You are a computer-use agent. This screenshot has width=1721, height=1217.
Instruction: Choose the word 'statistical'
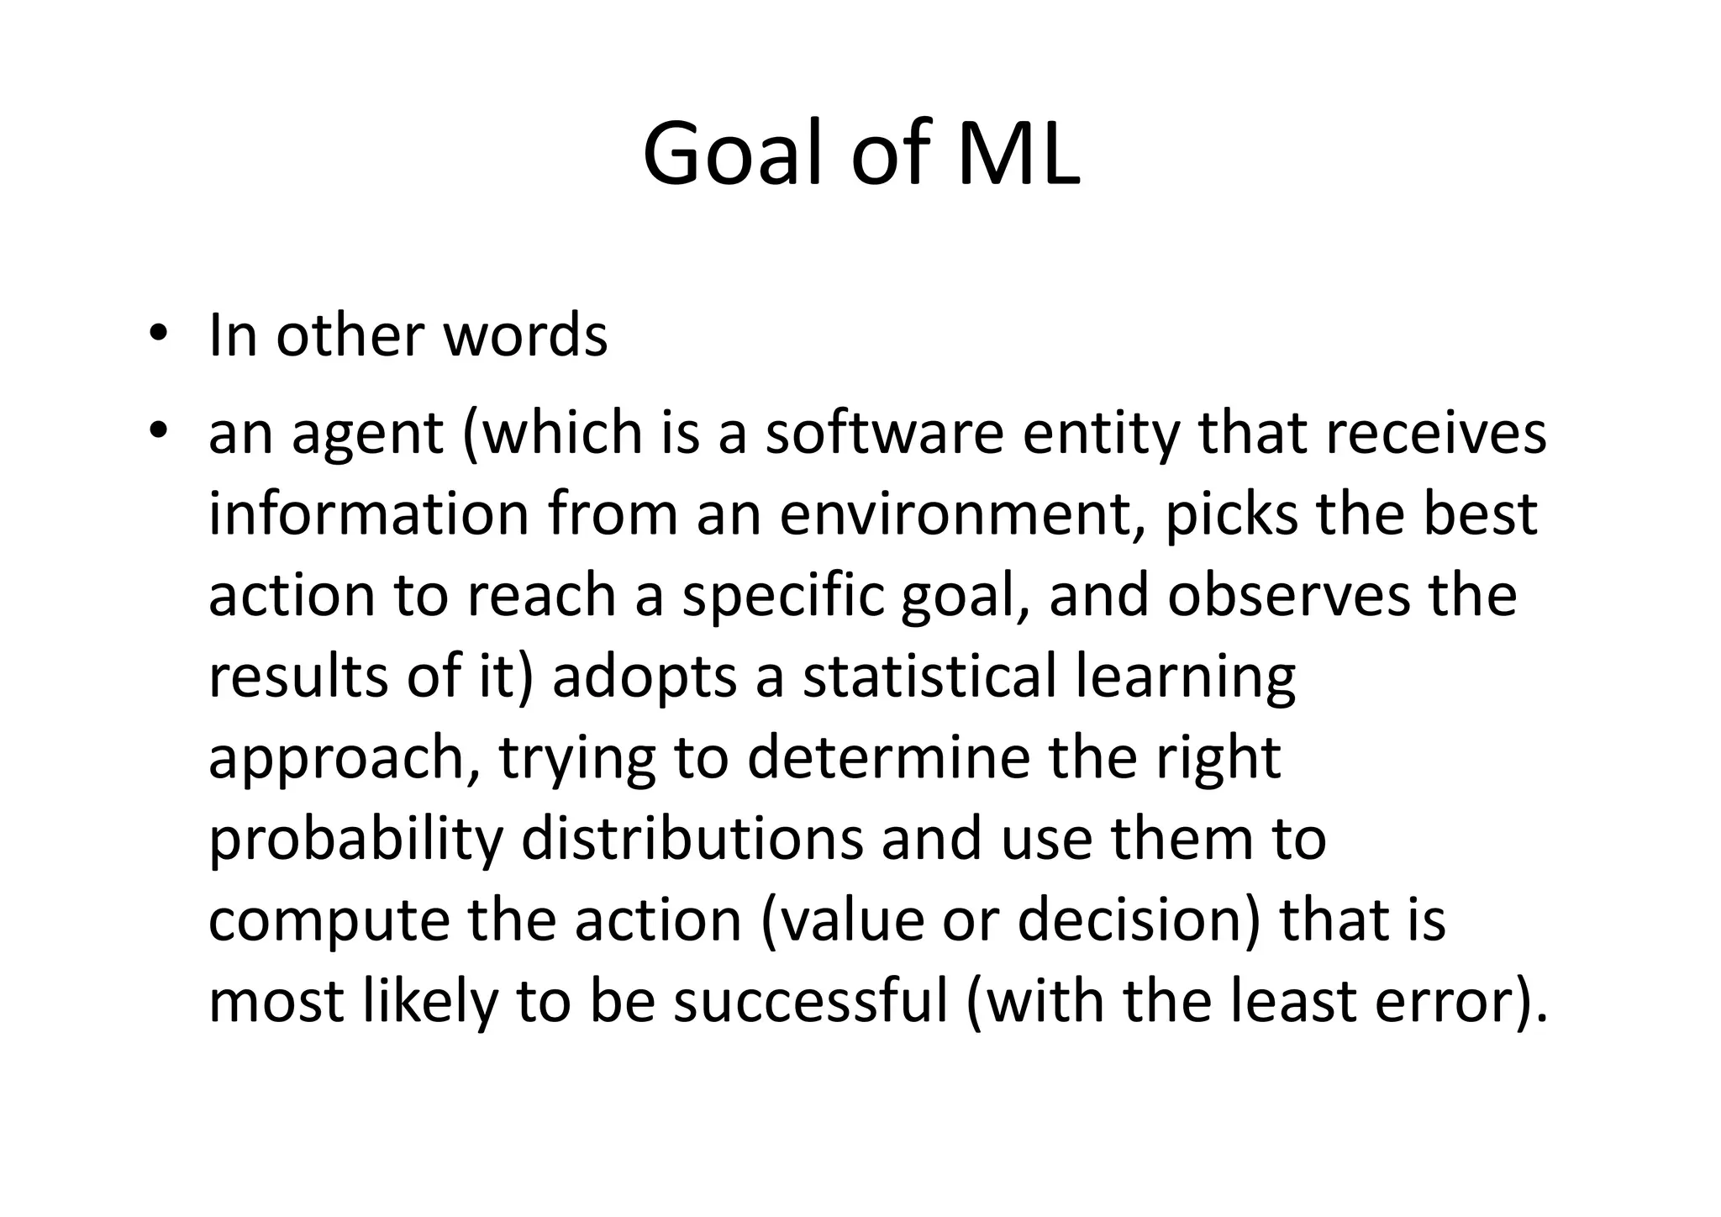[x=929, y=677]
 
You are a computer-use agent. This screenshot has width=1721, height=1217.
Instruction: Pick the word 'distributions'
[x=692, y=839]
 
